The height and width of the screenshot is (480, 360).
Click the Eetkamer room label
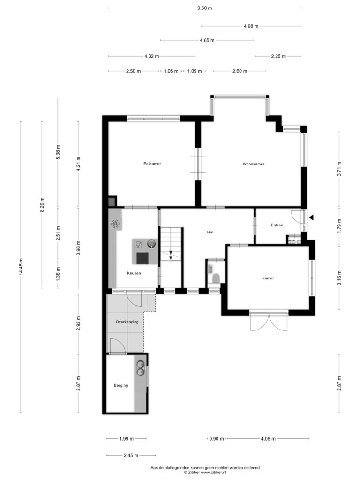pos(152,164)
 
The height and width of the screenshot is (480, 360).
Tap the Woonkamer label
pos(254,164)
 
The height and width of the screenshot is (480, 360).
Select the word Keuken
pos(134,273)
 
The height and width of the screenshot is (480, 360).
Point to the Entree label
pos(277,225)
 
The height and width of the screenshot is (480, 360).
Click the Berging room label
pos(121,385)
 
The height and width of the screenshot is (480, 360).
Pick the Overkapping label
pos(127,322)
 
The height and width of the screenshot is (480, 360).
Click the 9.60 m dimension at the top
pos(204,8)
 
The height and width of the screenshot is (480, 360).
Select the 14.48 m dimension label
pos(21,267)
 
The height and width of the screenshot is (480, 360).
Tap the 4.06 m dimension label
pos(268,439)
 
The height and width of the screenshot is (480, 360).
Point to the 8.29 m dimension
pos(42,204)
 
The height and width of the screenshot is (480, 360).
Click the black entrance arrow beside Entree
pos(311,217)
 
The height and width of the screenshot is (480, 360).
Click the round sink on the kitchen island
pos(151,244)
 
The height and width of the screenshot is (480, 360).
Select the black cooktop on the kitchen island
pos(142,258)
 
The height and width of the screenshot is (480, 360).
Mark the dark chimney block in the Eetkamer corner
pos(112,201)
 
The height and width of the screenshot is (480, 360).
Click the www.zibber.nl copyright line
pos(205,472)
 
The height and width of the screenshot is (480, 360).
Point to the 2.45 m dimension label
pos(131,455)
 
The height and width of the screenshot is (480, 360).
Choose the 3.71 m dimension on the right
pos(339,169)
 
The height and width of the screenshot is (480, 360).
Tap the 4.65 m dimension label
pos(207,40)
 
